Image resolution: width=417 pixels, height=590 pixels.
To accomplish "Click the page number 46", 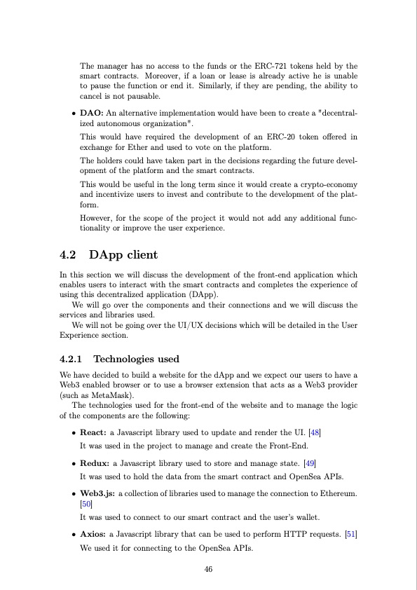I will [208, 569].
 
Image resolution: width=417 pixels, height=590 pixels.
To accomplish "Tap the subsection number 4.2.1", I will [72, 359].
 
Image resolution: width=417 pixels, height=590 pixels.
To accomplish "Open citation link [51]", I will [351, 535].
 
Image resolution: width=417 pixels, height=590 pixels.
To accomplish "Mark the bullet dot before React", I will [74, 434].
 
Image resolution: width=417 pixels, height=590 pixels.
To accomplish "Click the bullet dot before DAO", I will [74, 114].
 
